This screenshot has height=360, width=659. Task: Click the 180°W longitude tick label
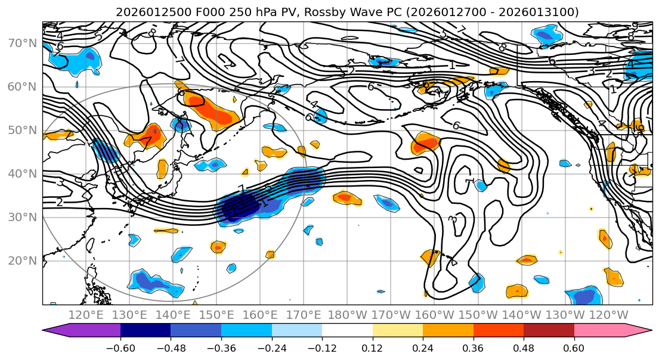(x=348, y=315)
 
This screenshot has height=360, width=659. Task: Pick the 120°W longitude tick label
(x=609, y=315)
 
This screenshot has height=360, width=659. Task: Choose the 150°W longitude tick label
(x=478, y=315)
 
